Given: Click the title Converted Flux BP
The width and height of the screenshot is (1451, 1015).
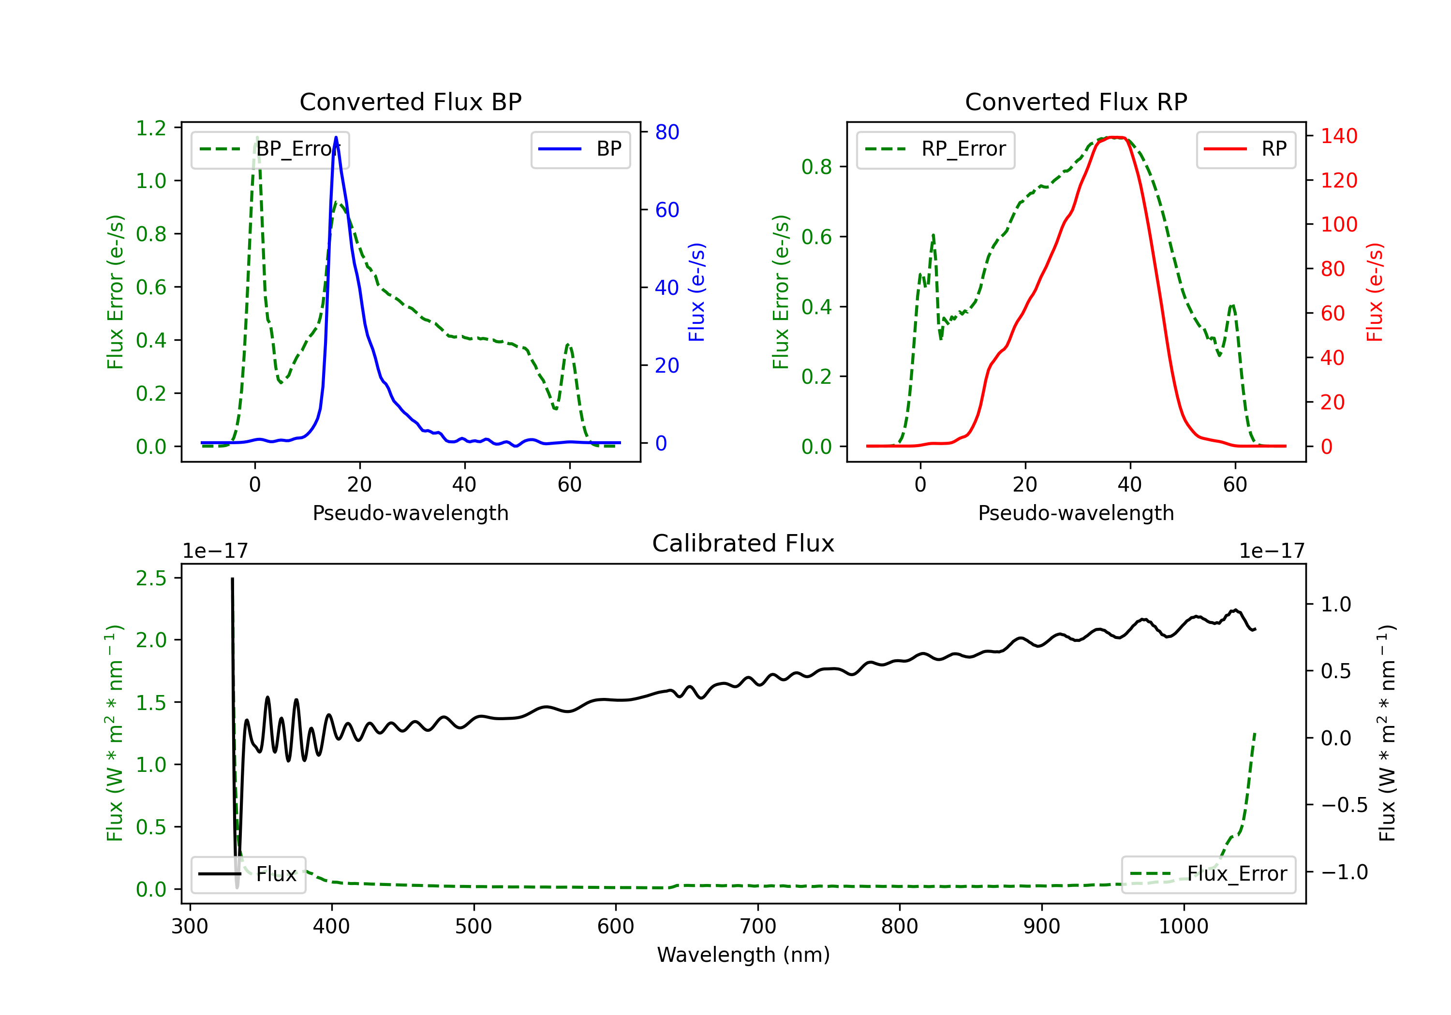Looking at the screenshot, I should point(410,101).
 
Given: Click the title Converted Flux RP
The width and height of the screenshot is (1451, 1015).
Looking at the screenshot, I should point(1076,101).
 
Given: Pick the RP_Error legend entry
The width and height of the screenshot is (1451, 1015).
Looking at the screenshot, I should point(935,149).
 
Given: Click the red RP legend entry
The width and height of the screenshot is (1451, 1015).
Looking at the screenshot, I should point(1245,149).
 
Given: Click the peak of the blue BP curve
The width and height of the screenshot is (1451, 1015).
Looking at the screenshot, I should point(336,137).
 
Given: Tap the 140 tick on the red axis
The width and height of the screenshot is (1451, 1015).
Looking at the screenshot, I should point(1338,136).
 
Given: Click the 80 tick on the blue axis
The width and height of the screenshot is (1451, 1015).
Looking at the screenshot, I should point(666,132).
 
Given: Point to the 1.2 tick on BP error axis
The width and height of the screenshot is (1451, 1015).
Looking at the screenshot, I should point(151,128).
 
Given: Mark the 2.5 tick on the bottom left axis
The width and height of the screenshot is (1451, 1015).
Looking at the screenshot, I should point(151,578).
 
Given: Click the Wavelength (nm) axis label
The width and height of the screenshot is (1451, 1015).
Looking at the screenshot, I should point(743,955).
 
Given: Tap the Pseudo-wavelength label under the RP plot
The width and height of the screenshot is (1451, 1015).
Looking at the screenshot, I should point(1076,513).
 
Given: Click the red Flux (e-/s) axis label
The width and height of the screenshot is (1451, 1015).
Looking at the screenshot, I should point(1375,292).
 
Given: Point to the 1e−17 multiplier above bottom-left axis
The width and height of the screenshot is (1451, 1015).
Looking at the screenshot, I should point(215,551).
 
